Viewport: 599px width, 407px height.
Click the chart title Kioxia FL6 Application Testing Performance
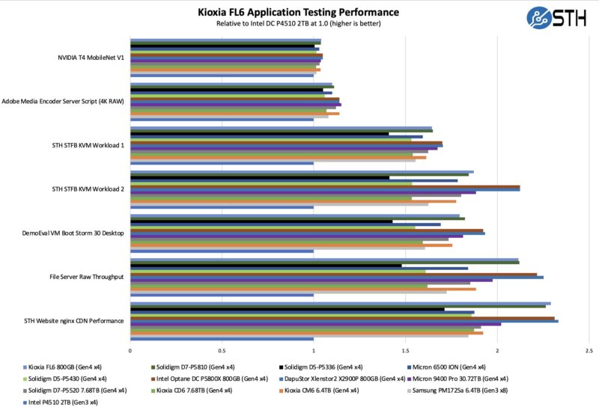tap(298, 12)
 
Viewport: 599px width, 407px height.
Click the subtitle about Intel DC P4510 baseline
tap(298, 23)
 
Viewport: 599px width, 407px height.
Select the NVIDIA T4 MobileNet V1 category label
tap(91, 57)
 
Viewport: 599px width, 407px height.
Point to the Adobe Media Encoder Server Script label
tap(63, 101)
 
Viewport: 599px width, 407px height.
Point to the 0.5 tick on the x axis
tap(222, 350)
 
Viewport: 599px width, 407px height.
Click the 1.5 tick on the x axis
tap(405, 350)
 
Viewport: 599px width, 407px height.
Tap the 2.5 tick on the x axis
tap(589, 350)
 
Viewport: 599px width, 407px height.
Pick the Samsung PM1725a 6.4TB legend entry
tap(454, 390)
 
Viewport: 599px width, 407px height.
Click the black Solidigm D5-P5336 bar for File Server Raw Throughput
tap(266, 265)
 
